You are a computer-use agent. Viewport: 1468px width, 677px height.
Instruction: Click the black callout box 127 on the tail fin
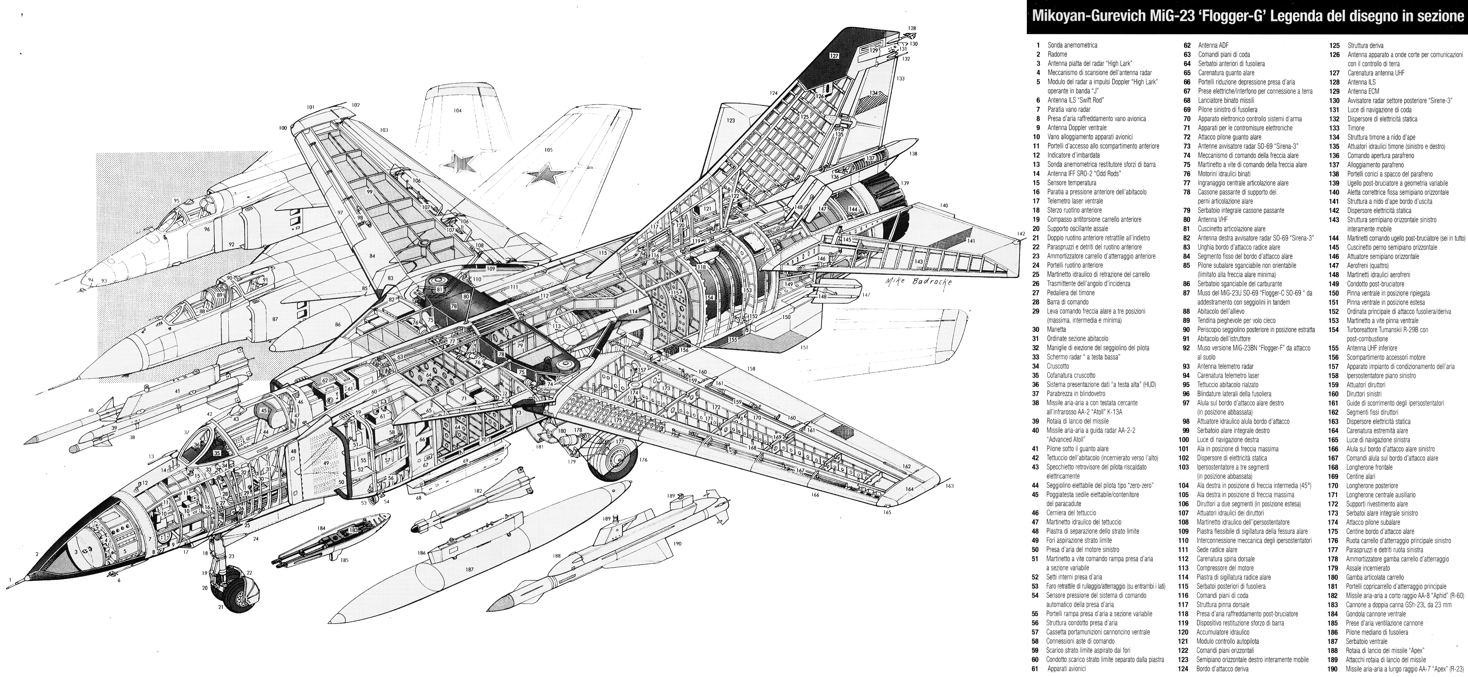(x=834, y=56)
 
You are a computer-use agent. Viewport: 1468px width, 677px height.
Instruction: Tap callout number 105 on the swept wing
(x=548, y=150)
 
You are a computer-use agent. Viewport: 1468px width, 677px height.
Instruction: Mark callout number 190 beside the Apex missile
(x=677, y=544)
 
